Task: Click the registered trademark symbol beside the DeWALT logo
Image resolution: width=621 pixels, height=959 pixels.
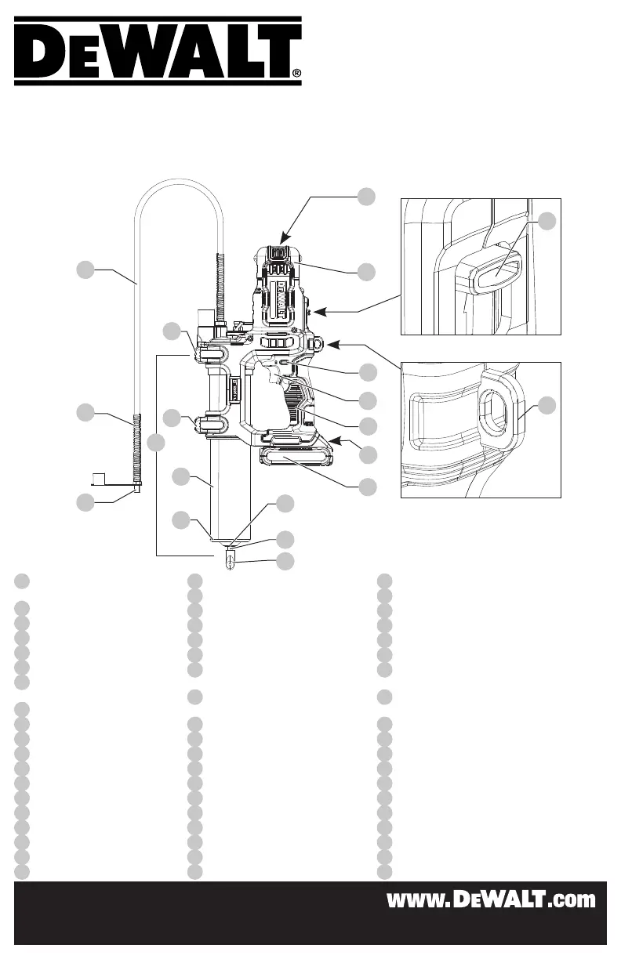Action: [x=296, y=73]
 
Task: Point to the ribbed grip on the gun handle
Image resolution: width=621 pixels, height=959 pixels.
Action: [x=295, y=401]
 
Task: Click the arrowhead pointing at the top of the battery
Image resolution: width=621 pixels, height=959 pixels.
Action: [x=284, y=239]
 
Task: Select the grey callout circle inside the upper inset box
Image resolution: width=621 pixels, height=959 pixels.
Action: [x=547, y=222]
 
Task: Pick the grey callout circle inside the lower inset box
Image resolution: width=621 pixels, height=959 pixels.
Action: [x=547, y=405]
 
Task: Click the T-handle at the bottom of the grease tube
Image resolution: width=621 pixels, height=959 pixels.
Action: [x=231, y=559]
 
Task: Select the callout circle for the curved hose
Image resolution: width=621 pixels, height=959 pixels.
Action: [x=85, y=270]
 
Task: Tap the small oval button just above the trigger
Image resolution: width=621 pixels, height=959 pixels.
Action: [x=284, y=363]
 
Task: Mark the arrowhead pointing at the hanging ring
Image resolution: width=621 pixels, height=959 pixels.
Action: [x=332, y=344]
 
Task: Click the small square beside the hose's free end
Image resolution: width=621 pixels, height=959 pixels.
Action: [x=99, y=479]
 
